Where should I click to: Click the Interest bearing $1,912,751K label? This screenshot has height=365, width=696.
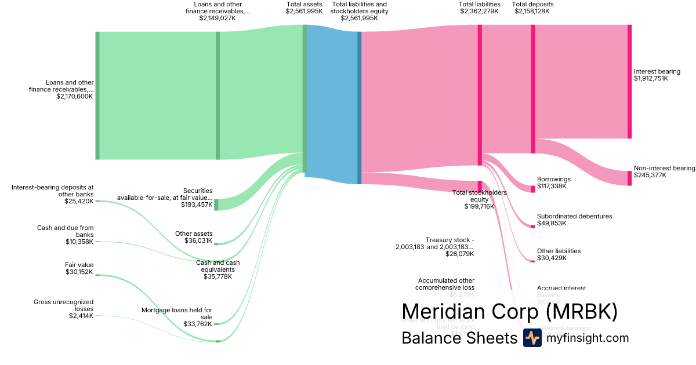tap(657, 75)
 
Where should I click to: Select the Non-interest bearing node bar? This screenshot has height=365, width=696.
tap(629, 178)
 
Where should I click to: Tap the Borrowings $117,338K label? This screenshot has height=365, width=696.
tap(554, 183)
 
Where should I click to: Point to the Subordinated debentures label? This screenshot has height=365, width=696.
tap(574, 220)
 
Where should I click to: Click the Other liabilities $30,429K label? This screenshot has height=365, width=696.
tap(559, 254)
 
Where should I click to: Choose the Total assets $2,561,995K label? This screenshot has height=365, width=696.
tap(304, 8)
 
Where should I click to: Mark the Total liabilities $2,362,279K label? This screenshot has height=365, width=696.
tap(479, 8)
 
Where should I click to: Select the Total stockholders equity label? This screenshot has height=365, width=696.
tap(479, 199)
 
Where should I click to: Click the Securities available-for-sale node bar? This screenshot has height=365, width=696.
tap(216, 205)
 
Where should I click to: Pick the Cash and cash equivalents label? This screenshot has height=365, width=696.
tap(217, 269)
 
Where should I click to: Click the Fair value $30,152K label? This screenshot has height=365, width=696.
tap(79, 268)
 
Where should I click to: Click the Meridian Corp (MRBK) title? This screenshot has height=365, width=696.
tap(509, 311)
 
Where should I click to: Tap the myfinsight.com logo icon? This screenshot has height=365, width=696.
tap(532, 338)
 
